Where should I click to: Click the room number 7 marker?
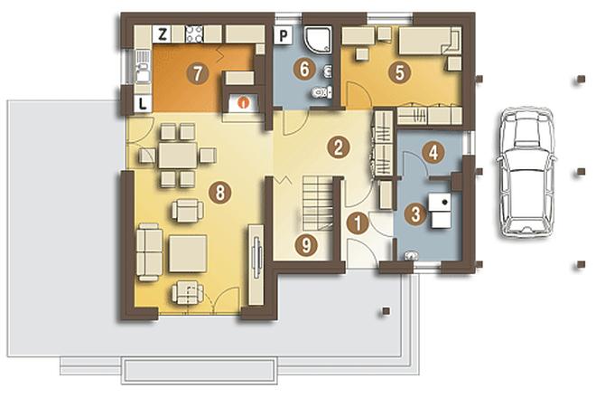[x=197, y=73]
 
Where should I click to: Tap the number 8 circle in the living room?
[x=220, y=192]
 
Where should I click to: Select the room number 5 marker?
[x=399, y=72]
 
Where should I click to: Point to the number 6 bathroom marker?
[x=303, y=70]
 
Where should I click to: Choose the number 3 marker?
[x=415, y=213]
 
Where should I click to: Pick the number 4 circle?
[x=433, y=153]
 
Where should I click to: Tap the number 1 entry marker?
[x=358, y=223]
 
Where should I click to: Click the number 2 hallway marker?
[x=339, y=147]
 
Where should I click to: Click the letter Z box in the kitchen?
[x=163, y=34]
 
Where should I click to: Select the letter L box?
[x=143, y=104]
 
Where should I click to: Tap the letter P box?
[x=284, y=36]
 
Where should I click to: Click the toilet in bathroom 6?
[x=321, y=92]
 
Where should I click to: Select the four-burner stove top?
[x=194, y=33]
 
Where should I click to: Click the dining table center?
[x=178, y=155]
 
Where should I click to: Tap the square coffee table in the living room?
[x=188, y=253]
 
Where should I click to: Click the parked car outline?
[x=526, y=173]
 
